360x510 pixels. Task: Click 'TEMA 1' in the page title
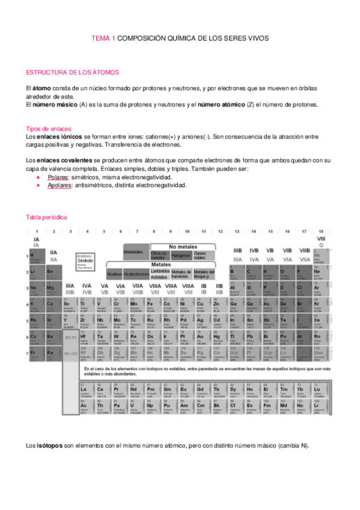click(x=102, y=37)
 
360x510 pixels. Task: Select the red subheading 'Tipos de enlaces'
click(x=49, y=129)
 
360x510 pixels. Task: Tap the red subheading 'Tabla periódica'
click(x=47, y=217)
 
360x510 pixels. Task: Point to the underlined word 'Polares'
click(x=58, y=178)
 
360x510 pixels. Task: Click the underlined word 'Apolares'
click(x=60, y=185)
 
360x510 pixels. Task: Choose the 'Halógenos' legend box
click(x=180, y=255)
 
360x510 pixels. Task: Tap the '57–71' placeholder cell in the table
click(x=70, y=339)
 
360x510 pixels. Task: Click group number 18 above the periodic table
click(x=321, y=231)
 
